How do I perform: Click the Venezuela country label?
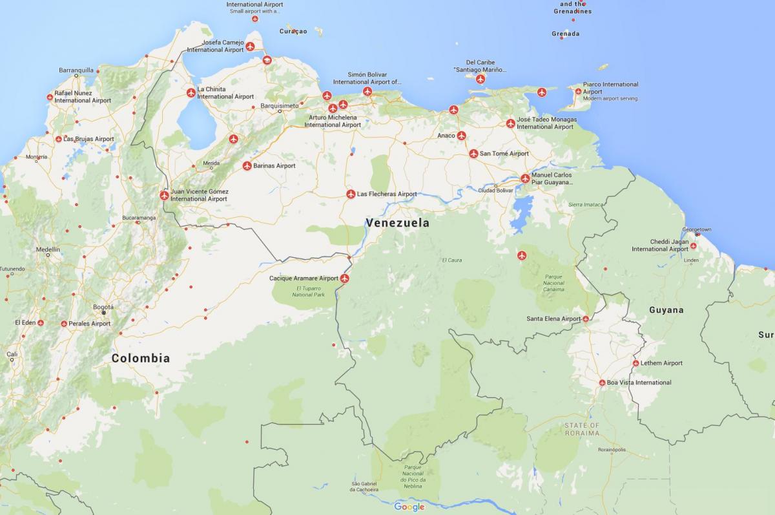(x=397, y=223)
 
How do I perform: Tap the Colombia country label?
(x=141, y=359)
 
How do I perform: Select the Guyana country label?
(x=666, y=310)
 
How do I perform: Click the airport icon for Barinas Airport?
(x=247, y=166)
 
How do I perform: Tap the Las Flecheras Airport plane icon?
(x=351, y=194)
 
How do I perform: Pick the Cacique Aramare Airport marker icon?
(x=345, y=279)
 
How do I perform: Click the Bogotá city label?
(x=103, y=307)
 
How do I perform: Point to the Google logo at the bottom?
(x=409, y=507)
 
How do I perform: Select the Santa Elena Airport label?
(x=553, y=319)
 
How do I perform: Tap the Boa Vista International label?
(x=639, y=383)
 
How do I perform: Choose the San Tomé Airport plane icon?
(x=473, y=154)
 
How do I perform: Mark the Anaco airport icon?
(x=461, y=136)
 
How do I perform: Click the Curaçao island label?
(x=293, y=31)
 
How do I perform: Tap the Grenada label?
(x=565, y=34)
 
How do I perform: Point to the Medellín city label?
(x=48, y=249)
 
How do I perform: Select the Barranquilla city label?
(x=76, y=70)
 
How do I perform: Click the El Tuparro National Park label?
(x=308, y=291)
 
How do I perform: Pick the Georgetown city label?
(x=697, y=229)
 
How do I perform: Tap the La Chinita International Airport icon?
(x=191, y=92)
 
